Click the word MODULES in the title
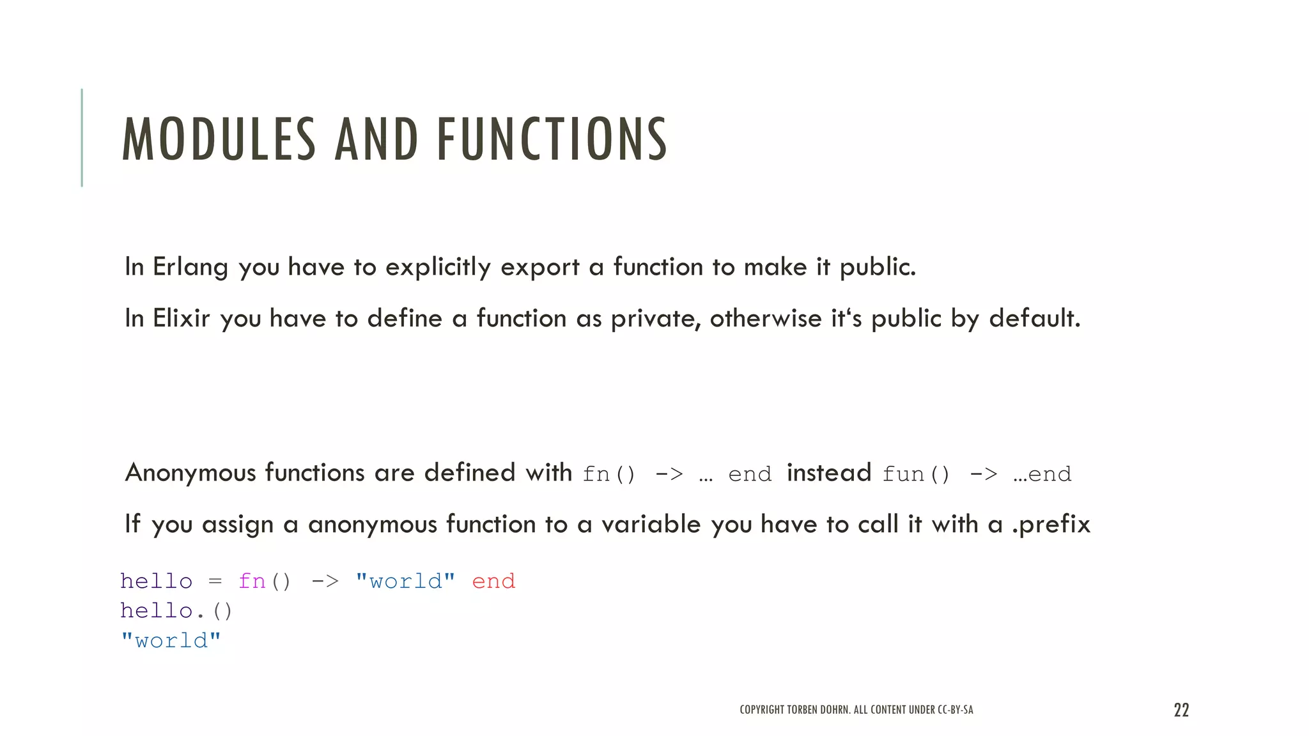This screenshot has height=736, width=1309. click(x=219, y=139)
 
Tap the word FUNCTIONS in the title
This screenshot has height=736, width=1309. click(x=552, y=139)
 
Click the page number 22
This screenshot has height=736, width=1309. click(x=1181, y=710)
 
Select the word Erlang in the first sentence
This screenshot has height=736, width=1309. click(x=190, y=268)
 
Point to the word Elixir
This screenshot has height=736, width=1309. click(x=181, y=319)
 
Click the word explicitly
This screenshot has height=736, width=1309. click(x=438, y=268)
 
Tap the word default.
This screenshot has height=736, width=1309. click(x=1034, y=319)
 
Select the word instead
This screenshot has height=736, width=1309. click(x=829, y=473)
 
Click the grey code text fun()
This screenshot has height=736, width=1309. click(x=916, y=475)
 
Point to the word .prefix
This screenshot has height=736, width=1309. click(x=1051, y=525)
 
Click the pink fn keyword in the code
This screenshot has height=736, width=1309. click(x=251, y=581)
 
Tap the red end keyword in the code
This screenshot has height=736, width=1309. click(x=493, y=581)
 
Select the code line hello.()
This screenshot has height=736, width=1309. click(x=176, y=611)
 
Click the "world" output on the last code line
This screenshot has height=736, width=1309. click(x=171, y=641)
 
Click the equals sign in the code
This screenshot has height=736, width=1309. click(x=215, y=581)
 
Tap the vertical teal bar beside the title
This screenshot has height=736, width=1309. click(x=82, y=137)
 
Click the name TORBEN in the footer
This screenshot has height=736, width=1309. click(x=802, y=710)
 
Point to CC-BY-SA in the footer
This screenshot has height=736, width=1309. click(x=955, y=710)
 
